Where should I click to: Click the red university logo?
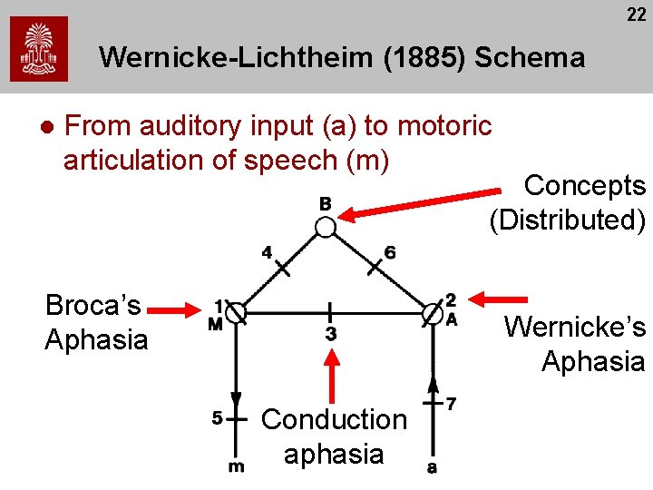39,49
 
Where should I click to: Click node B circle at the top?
325,225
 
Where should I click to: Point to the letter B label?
325,203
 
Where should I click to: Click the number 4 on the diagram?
267,252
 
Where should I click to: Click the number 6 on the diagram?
390,252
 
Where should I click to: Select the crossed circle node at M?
236,313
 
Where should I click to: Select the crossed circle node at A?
433,313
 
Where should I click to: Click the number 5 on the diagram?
217,419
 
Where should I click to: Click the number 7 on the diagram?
452,402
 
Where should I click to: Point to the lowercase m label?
236,466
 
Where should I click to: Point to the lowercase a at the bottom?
432,467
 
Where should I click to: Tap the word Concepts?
585,186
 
